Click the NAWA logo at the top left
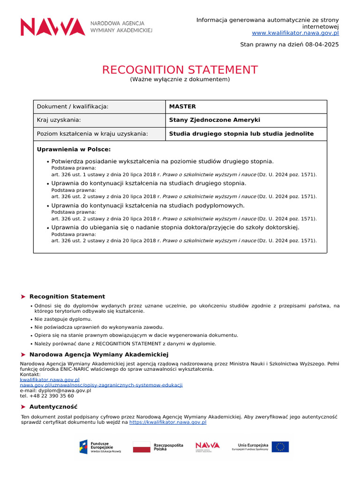[52, 27]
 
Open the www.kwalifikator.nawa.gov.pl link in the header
[295, 33]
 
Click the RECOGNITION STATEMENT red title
[180, 70]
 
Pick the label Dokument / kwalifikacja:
[72, 106]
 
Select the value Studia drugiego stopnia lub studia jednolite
[241, 134]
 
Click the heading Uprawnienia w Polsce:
[74, 149]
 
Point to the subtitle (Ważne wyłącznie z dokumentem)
[180, 79]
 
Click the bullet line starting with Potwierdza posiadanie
[162, 161]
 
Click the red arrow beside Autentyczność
[23, 407]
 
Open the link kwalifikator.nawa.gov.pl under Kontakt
[50, 379]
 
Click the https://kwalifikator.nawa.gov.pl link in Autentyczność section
[168, 422]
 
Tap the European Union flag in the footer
[280, 447]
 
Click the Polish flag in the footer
[142, 447]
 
